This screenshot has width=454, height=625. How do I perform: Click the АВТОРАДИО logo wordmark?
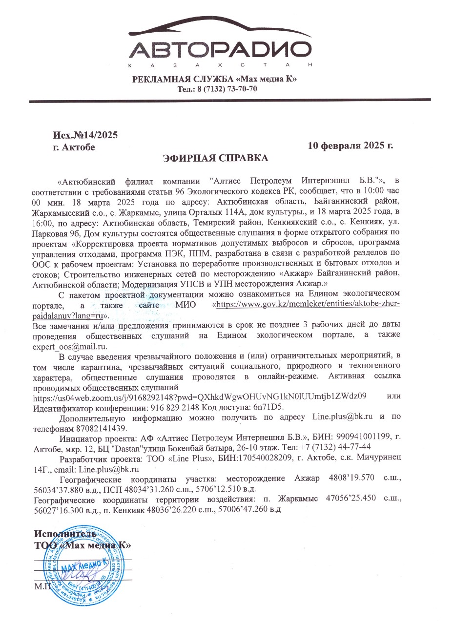pos(221,50)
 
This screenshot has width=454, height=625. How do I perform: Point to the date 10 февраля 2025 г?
pos(350,146)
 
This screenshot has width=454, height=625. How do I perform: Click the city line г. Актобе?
pos(74,146)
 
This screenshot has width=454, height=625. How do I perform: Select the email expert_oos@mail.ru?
pos(69,347)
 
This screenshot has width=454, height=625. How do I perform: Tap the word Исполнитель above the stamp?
pos(61,533)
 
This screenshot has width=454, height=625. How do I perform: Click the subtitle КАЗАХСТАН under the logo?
pos(220,65)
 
